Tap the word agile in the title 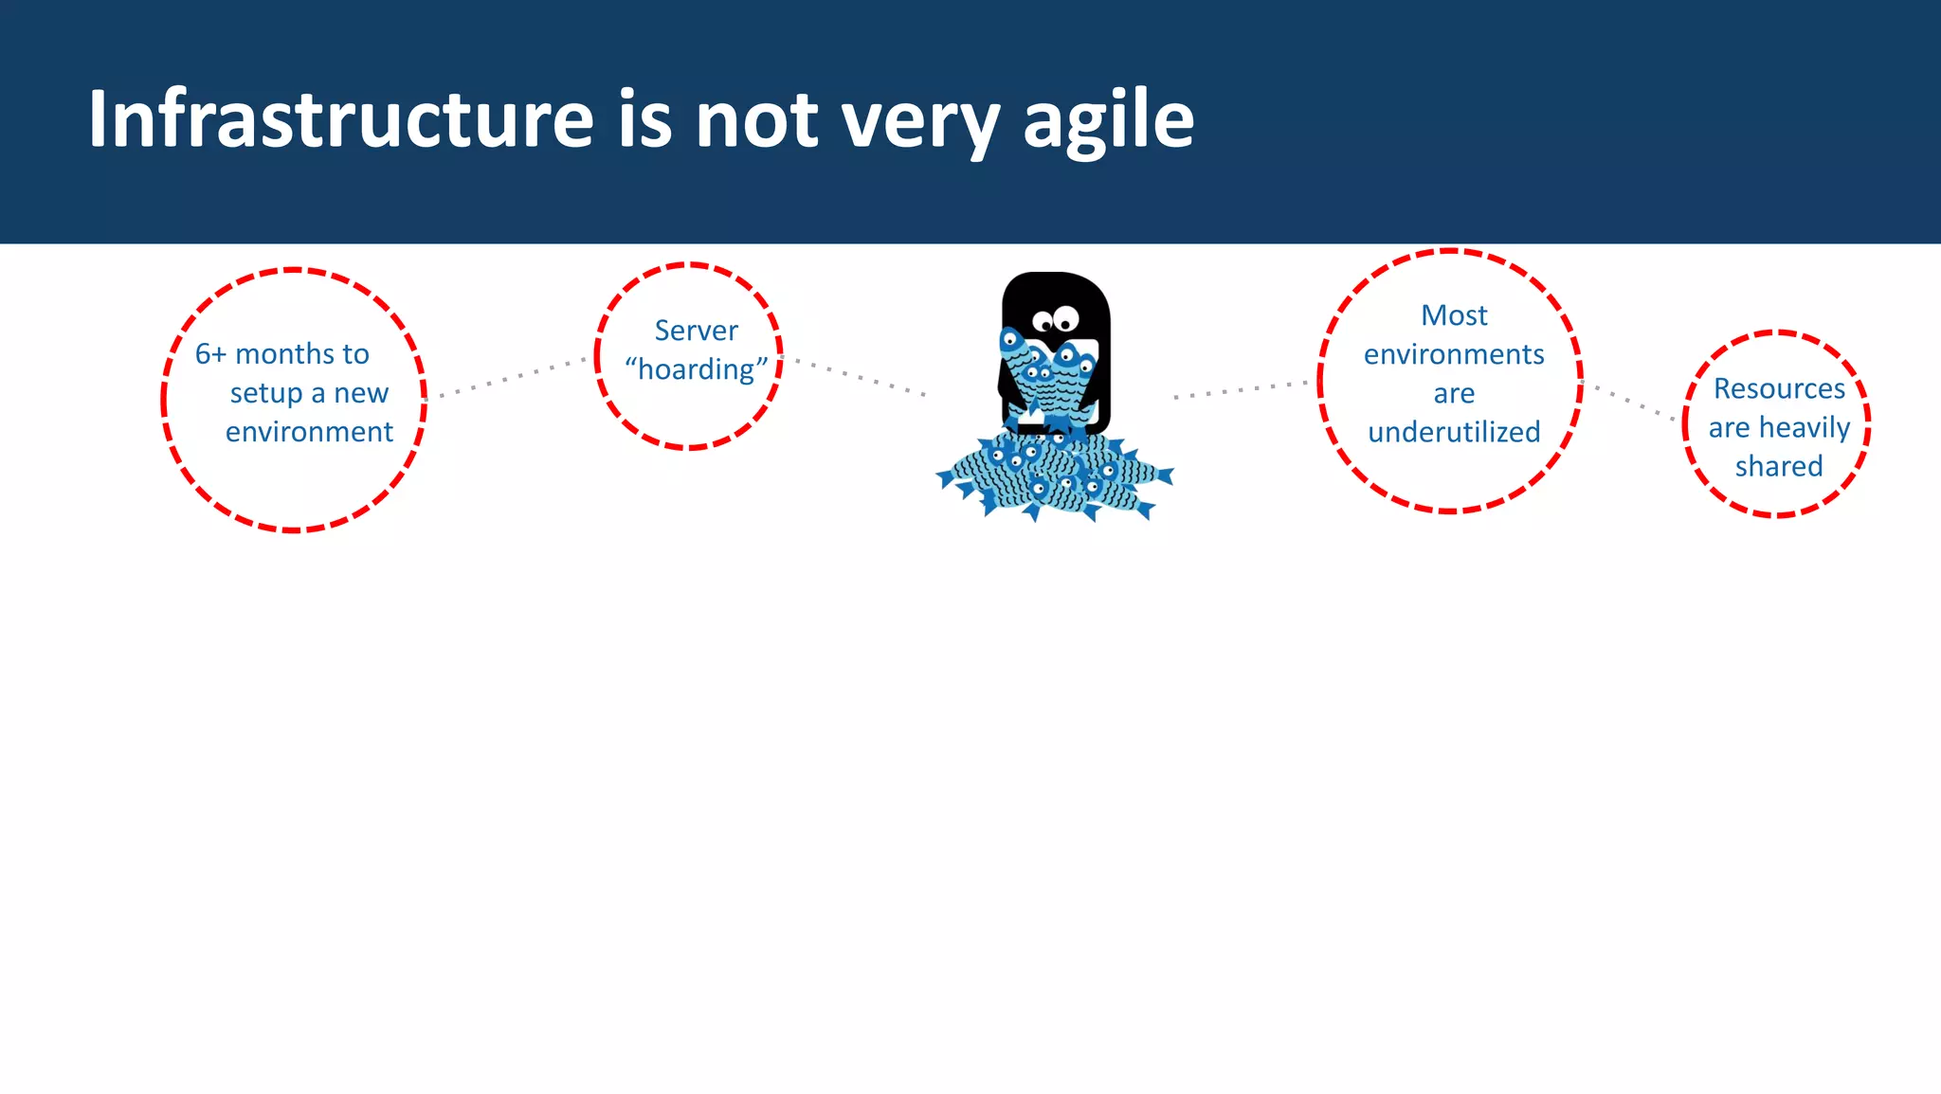(x=1108, y=121)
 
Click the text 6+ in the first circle (x=210, y=354)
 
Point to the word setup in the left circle (x=266, y=393)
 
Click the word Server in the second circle (x=696, y=331)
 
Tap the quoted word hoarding (x=696, y=369)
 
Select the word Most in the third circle (x=1454, y=315)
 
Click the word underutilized (x=1454, y=432)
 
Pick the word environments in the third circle (x=1454, y=354)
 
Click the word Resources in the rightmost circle (x=1779, y=388)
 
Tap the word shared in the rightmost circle (x=1779, y=466)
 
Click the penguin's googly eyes (x=1056, y=319)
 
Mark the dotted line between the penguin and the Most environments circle (x=1242, y=389)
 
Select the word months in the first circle (x=284, y=354)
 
